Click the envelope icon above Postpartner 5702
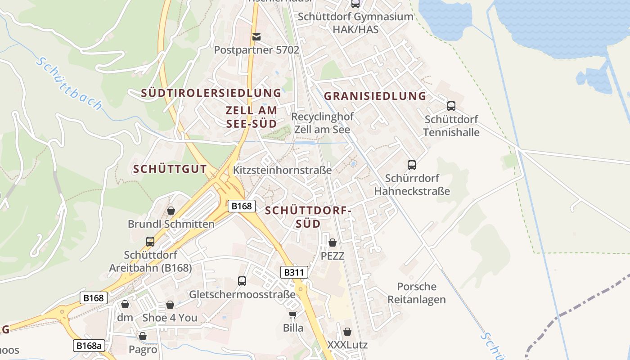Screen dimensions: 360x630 [256, 36]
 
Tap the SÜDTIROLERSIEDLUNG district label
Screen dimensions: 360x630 [211, 93]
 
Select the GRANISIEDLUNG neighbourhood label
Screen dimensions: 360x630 [375, 96]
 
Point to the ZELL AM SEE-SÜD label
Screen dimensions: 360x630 [251, 117]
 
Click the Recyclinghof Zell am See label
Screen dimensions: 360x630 [322, 123]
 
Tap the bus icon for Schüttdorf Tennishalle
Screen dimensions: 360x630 [451, 106]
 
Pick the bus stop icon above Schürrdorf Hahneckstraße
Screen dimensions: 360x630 [412, 165]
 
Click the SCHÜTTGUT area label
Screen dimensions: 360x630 [170, 170]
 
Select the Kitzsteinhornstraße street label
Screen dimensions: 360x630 [282, 170]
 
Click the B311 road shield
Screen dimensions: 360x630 [295, 272]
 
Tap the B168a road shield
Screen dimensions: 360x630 [89, 346]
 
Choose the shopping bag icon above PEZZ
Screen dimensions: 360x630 [333, 243]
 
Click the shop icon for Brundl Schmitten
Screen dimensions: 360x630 [171, 211]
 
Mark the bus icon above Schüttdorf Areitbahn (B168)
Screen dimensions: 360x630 [150, 242]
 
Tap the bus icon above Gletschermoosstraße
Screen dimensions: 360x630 [242, 281]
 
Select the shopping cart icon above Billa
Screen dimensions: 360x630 [293, 315]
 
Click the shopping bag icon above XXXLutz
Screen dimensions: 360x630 [347, 332]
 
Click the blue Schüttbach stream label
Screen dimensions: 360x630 [69, 84]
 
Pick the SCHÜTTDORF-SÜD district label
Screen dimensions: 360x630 [308, 217]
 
